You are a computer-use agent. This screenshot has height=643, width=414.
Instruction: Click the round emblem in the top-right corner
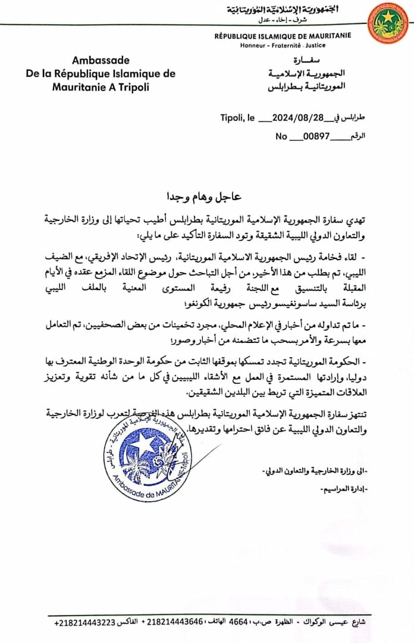(387, 23)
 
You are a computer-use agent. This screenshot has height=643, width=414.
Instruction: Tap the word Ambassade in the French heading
(100, 60)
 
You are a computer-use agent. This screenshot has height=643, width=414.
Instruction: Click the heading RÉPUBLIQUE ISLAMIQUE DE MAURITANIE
(283, 36)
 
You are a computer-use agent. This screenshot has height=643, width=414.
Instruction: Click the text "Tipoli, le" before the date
(238, 118)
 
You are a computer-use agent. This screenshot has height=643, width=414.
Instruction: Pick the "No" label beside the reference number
(281, 136)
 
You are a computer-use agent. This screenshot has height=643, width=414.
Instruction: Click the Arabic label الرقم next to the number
(356, 136)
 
